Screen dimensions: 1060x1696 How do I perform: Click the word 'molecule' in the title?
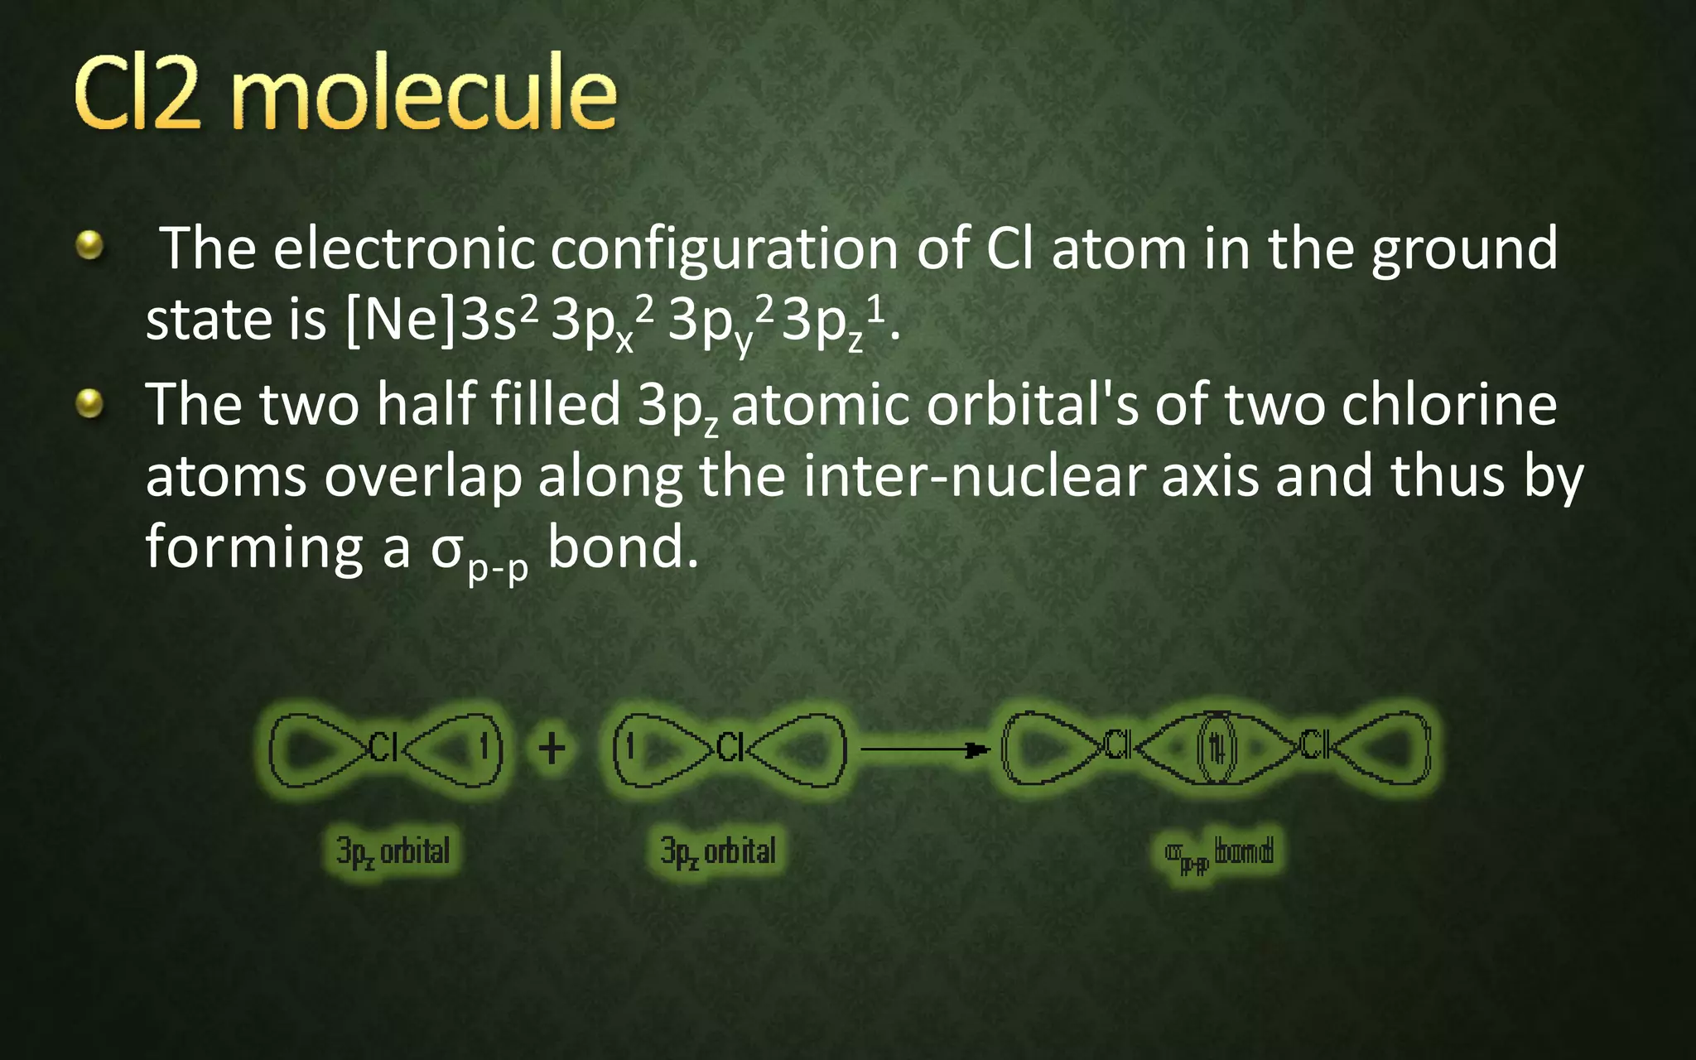(x=423, y=93)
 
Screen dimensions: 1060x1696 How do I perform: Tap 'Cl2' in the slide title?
(x=137, y=93)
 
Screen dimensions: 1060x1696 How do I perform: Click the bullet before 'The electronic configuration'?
(x=89, y=246)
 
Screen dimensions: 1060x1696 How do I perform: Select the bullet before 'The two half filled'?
(x=89, y=403)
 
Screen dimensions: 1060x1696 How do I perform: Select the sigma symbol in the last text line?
(x=446, y=549)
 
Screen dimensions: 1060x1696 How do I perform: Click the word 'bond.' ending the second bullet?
(x=623, y=547)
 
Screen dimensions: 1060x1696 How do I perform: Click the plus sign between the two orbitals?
(x=552, y=749)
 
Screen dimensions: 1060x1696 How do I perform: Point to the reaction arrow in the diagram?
(x=924, y=750)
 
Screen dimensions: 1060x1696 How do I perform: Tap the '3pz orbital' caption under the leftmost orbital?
(x=393, y=851)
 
